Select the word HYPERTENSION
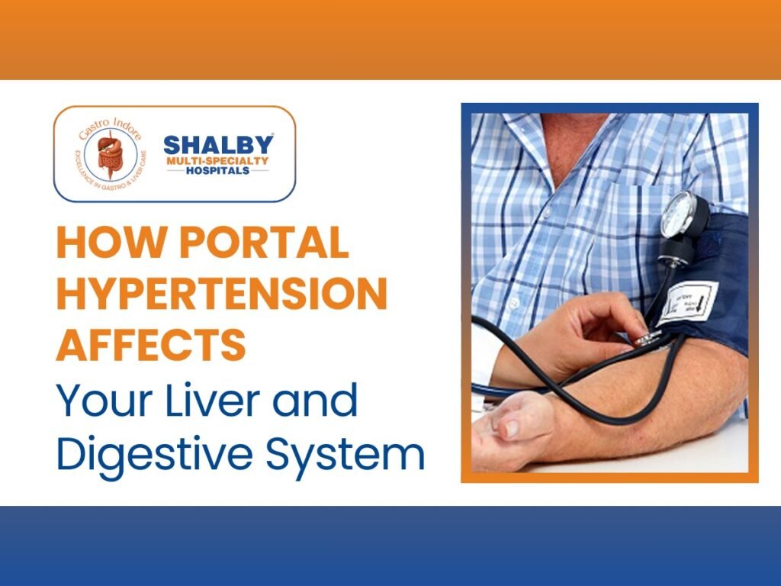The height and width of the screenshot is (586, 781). (221, 295)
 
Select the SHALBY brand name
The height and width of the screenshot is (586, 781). (218, 144)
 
